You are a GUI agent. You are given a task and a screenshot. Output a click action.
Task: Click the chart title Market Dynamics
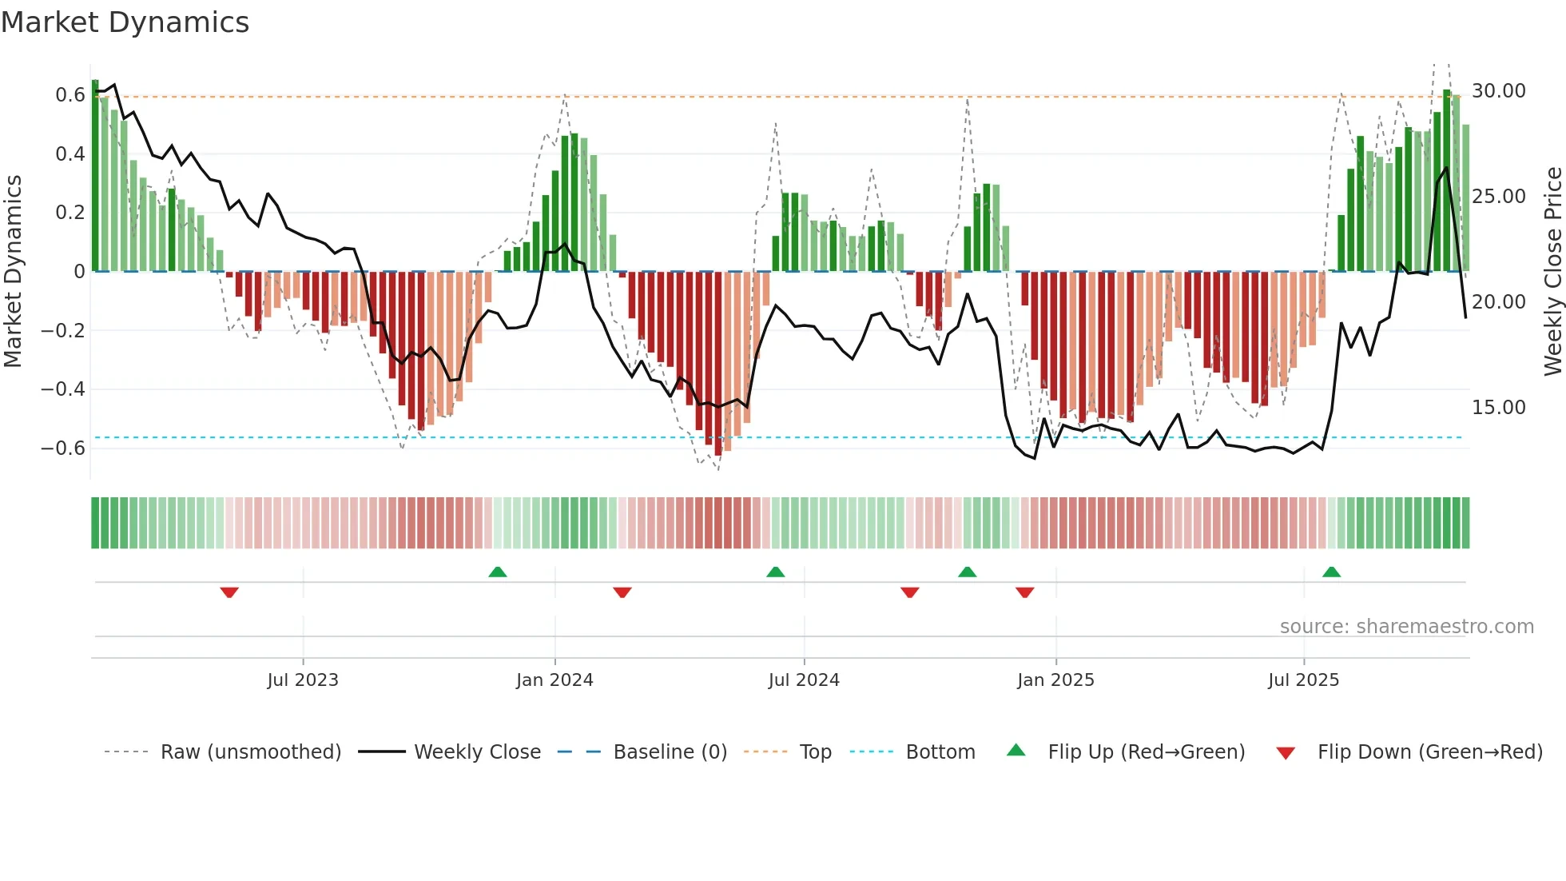(x=125, y=22)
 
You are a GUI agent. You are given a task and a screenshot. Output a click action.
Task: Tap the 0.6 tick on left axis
(x=70, y=95)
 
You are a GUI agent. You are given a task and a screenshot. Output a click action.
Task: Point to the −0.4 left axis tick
(x=62, y=389)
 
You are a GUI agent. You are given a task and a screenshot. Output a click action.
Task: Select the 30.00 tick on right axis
(x=1498, y=91)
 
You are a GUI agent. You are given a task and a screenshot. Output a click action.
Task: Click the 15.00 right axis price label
(x=1498, y=408)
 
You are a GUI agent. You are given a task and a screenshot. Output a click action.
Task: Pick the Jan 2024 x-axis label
(x=554, y=680)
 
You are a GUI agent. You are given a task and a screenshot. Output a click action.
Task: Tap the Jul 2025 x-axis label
(x=1303, y=680)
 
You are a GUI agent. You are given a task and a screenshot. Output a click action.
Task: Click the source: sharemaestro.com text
(x=1406, y=627)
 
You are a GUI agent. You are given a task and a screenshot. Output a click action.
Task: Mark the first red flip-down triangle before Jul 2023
(x=229, y=592)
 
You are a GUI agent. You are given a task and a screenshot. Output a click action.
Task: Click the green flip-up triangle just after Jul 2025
(x=1331, y=572)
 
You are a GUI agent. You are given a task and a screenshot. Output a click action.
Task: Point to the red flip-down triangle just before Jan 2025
(x=1025, y=592)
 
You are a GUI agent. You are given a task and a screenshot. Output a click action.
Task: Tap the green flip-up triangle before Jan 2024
(x=498, y=572)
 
